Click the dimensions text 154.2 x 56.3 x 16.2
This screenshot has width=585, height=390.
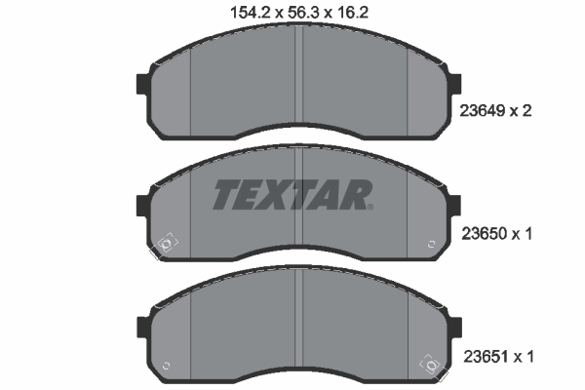[299, 13]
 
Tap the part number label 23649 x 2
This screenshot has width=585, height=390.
[495, 111]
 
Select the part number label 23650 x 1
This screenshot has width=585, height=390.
[497, 234]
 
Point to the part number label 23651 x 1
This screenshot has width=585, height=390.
[498, 357]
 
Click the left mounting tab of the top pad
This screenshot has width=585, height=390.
[142, 84]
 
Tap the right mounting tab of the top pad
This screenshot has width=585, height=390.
[455, 84]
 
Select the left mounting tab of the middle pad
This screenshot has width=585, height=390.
[142, 206]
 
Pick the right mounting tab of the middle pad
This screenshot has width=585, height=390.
[455, 206]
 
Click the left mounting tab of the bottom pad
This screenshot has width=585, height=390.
[143, 328]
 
